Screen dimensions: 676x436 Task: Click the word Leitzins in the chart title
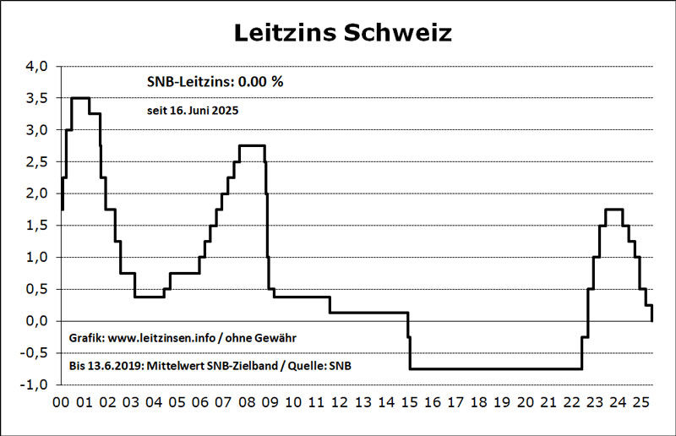(285, 32)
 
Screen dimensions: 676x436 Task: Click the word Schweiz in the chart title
(398, 32)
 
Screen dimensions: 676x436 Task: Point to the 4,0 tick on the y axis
(36, 67)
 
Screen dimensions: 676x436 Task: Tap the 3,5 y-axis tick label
(36, 98)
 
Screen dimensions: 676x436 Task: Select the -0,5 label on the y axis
(34, 352)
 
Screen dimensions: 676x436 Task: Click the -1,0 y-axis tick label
(34, 384)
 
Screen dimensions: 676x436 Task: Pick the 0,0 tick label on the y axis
(36, 321)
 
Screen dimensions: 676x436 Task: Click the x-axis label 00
(61, 402)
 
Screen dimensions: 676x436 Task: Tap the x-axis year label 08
(247, 402)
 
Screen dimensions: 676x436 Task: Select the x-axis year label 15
(409, 402)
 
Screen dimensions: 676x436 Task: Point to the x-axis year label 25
(641, 402)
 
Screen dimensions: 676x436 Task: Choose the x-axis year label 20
(525, 402)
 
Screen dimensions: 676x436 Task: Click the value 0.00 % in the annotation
(261, 81)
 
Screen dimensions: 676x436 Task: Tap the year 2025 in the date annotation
(225, 111)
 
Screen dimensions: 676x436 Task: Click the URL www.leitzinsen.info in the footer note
(161, 338)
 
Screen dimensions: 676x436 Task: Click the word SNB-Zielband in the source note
(243, 366)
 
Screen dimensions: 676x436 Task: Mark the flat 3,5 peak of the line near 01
(80, 98)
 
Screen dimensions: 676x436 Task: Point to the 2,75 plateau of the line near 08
(252, 146)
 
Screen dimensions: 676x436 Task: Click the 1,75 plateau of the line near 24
(614, 210)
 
